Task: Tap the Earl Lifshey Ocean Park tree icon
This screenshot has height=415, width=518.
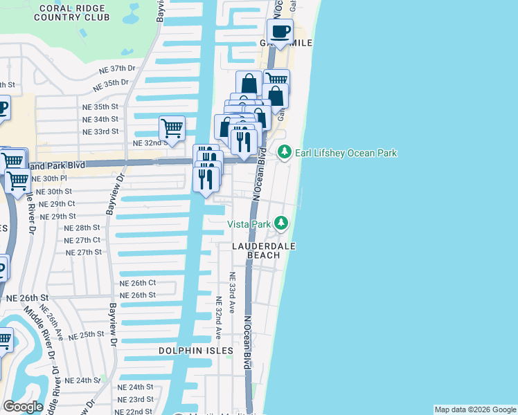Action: pos(283,152)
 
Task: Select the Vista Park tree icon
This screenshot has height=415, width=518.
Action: pos(281,222)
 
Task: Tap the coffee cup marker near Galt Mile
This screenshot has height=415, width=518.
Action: pos(280,32)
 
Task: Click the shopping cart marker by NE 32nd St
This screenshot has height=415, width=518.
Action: pos(171,127)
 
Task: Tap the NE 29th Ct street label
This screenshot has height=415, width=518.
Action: pos(57,204)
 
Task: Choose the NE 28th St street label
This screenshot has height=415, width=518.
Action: pos(82,228)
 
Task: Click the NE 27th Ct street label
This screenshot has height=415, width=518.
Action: pos(82,240)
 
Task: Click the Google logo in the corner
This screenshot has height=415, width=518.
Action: pos(22,407)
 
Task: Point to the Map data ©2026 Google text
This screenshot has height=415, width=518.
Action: pos(475,409)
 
